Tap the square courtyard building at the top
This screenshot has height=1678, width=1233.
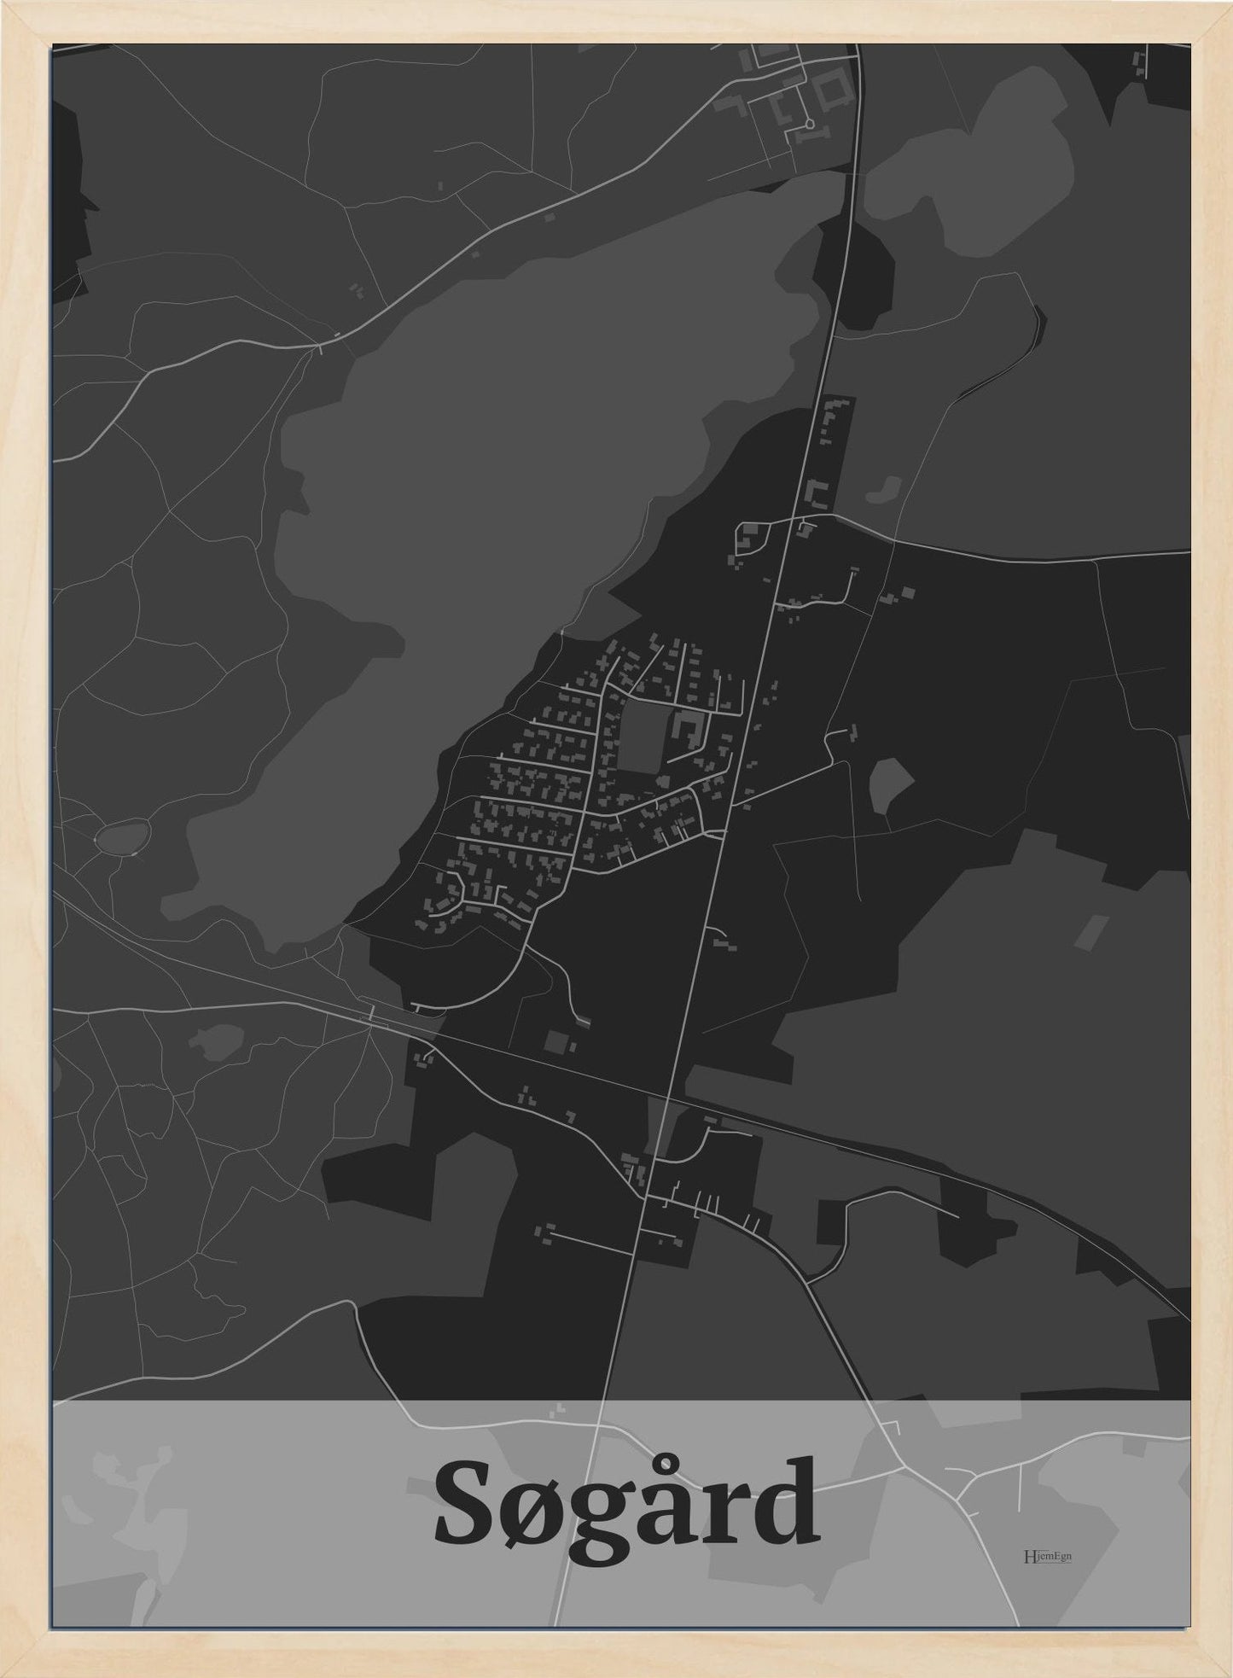click(x=832, y=90)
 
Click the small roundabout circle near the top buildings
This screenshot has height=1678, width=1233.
click(x=809, y=124)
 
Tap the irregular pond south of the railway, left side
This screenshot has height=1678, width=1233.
click(x=215, y=1040)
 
